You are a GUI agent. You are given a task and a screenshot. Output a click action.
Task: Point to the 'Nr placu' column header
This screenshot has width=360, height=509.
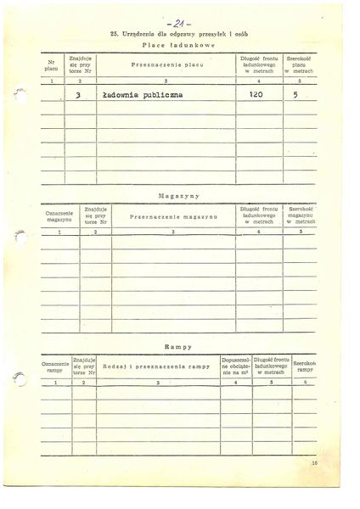point(51,64)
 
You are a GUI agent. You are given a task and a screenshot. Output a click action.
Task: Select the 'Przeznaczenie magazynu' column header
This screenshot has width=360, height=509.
point(173,216)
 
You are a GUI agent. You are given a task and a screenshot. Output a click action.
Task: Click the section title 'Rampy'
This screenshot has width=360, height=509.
point(178,348)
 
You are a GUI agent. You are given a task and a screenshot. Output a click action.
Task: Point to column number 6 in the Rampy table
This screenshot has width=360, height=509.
point(305,383)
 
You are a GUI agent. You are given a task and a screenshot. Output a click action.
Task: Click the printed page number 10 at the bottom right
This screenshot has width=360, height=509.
point(313,487)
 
